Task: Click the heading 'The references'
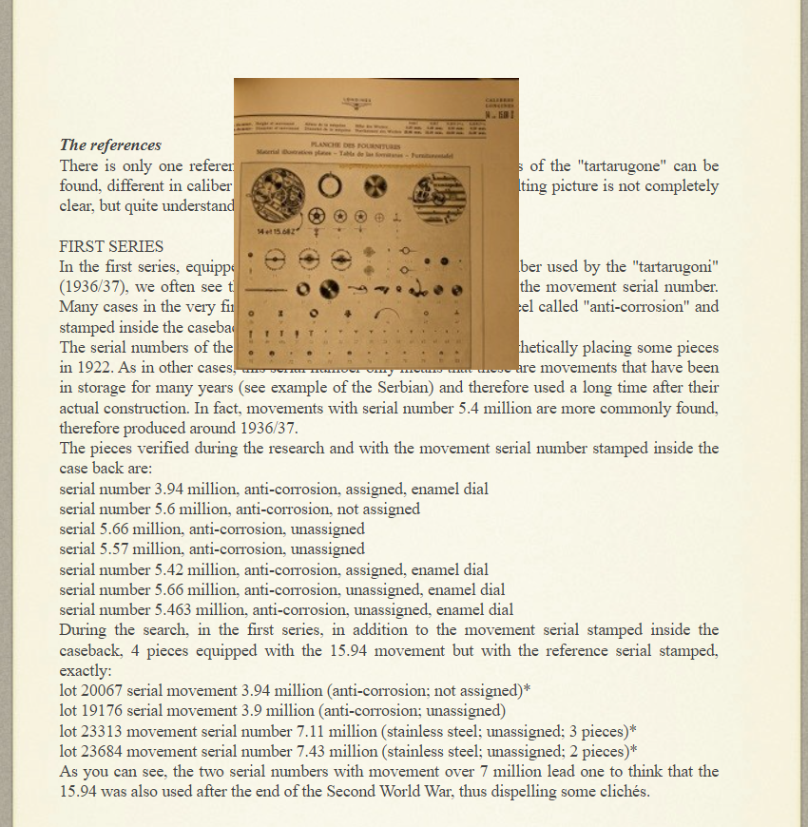click(x=110, y=145)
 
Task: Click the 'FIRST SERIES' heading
click(x=111, y=246)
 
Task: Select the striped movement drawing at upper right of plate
click(x=439, y=197)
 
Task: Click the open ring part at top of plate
click(x=330, y=185)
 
